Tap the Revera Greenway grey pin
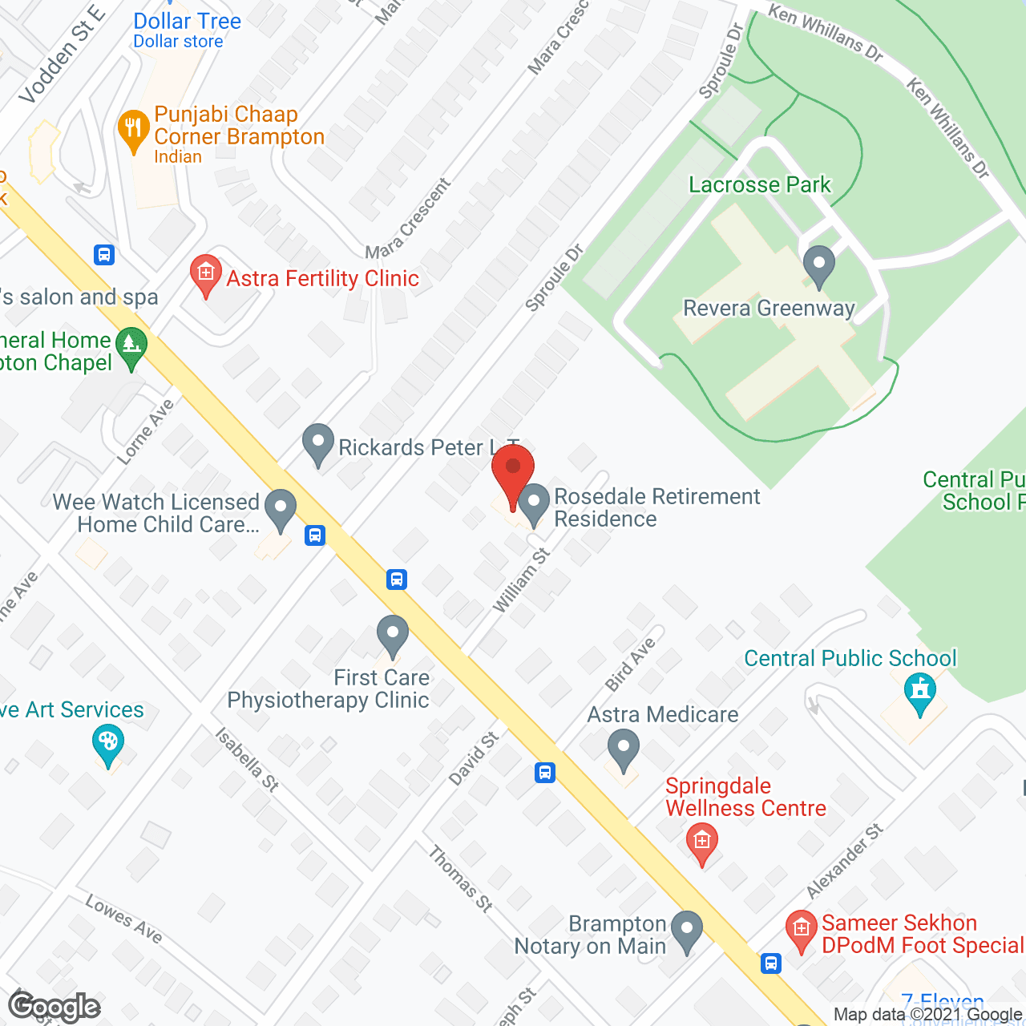[818, 265]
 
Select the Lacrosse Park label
[759, 185]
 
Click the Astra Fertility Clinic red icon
[206, 275]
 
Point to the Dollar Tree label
[187, 22]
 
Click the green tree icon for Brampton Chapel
[131, 348]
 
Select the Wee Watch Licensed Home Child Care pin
[281, 509]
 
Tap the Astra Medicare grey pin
[623, 749]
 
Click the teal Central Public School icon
[919, 693]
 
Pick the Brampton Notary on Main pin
[686, 931]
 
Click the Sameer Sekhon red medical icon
[801, 931]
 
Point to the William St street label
[521, 580]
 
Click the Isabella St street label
[247, 760]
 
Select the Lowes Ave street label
[124, 919]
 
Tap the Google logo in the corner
[55, 1007]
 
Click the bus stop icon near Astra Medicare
[545, 773]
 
